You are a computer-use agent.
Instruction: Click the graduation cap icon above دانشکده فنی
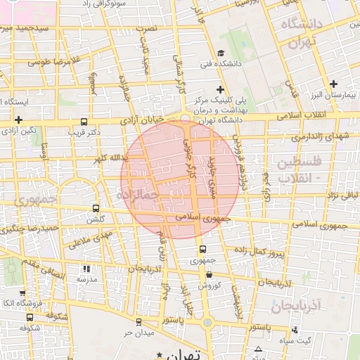tap(220, 53)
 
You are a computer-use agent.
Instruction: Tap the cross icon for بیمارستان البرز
tap(334, 84)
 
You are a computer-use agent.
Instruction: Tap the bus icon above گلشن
tap(97, 208)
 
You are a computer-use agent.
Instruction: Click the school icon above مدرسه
tap(86, 269)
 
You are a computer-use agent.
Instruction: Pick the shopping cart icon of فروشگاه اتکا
tap(22, 293)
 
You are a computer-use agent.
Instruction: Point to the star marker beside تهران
tap(160, 354)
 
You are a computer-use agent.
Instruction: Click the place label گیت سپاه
tap(316, 341)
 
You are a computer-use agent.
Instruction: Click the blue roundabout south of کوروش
tap(207, 323)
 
